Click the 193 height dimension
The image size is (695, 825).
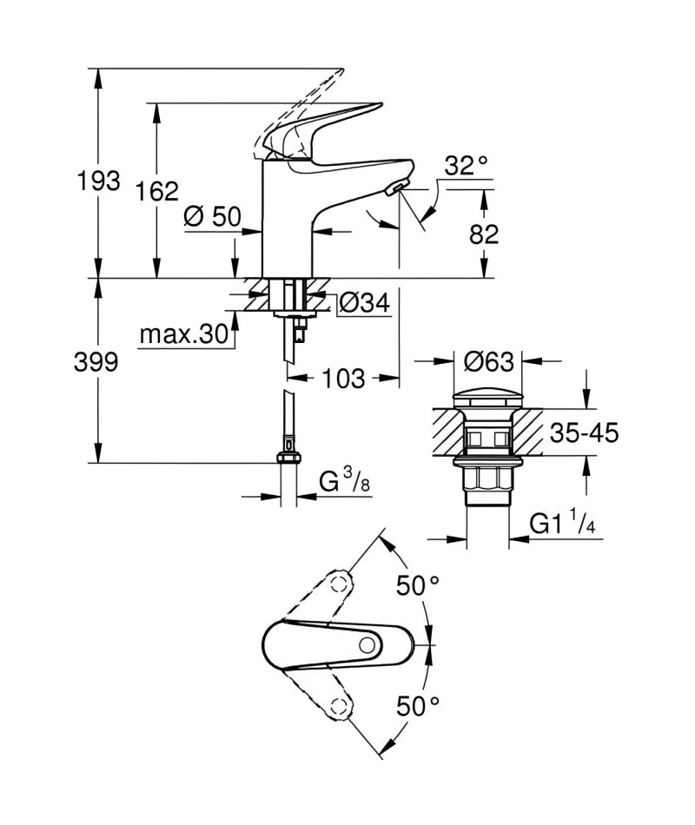[x=98, y=181]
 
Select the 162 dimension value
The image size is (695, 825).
[x=157, y=191]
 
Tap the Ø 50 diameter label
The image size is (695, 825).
[x=212, y=216]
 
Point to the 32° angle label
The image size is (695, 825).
[x=466, y=166]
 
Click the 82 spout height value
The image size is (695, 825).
[x=484, y=234]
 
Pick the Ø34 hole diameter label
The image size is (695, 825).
[x=364, y=303]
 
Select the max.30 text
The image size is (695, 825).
[x=184, y=333]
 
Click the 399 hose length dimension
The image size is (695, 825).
[x=96, y=362]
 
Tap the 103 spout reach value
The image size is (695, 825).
[x=343, y=379]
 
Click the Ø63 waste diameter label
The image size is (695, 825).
[x=488, y=361]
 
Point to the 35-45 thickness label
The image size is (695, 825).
[x=584, y=433]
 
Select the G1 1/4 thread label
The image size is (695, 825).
[x=562, y=524]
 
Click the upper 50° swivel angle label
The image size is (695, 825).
[x=418, y=585]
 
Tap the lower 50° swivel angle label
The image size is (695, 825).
[x=418, y=706]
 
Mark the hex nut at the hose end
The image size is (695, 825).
[x=288, y=456]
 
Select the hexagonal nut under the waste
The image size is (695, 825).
[x=487, y=480]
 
